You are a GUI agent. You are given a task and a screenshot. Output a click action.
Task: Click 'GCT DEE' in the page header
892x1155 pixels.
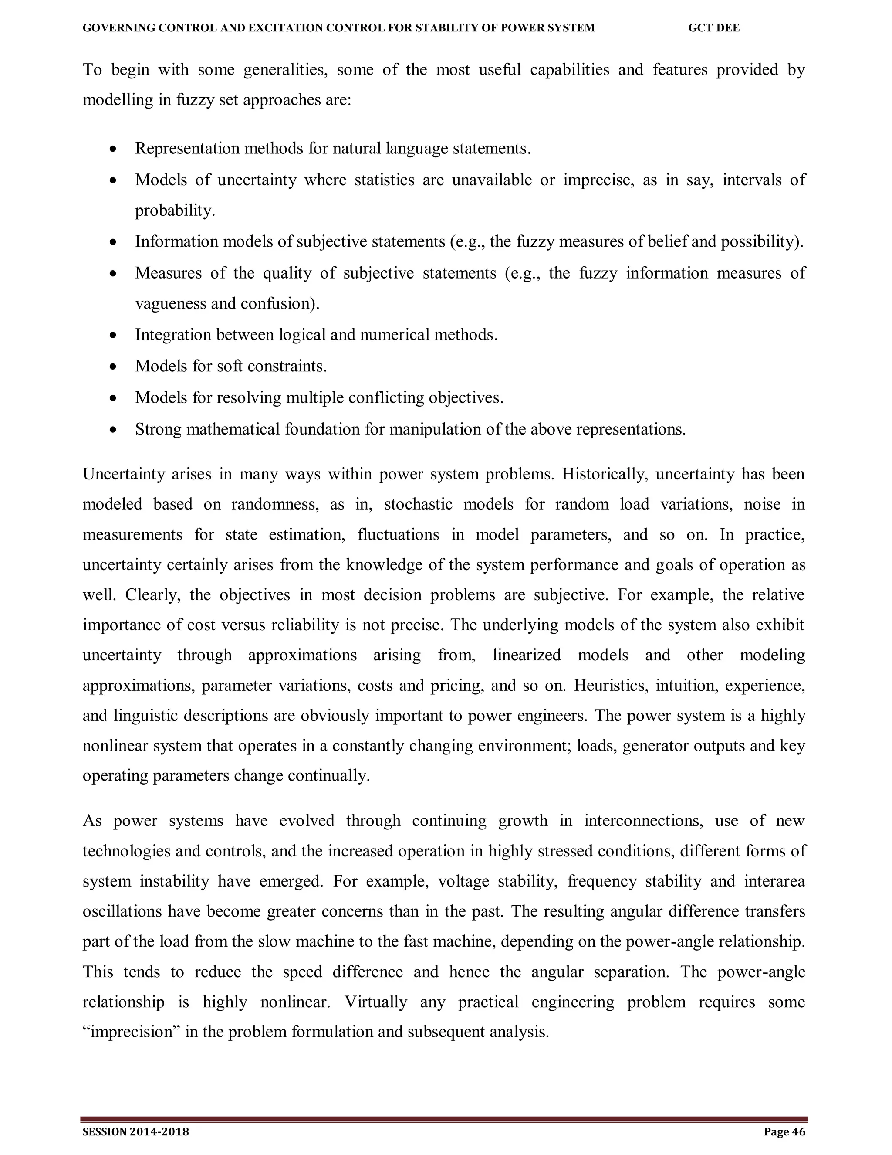point(713,28)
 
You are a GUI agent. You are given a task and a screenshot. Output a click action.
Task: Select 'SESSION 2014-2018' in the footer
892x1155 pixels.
point(136,1132)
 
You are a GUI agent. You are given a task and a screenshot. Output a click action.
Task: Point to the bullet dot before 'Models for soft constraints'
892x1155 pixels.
point(112,367)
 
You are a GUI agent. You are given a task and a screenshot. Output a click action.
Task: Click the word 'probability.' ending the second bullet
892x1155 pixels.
point(175,211)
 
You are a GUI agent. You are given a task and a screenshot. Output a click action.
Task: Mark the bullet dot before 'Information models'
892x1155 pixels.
point(112,242)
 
